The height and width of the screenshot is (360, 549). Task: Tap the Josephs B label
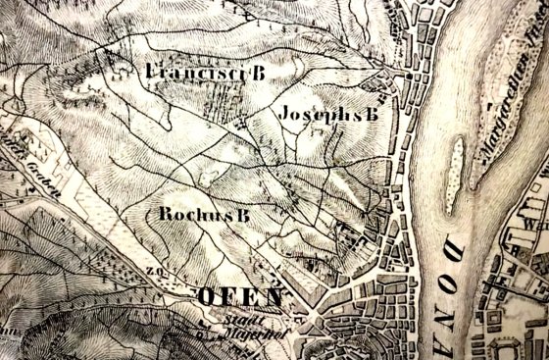(327, 115)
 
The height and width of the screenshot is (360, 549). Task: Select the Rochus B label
(204, 214)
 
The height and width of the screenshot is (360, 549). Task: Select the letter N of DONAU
(520, 291)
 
